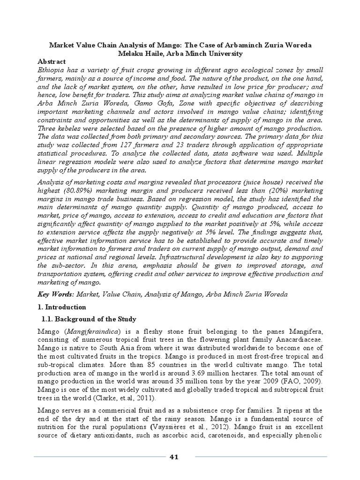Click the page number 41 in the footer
point(174,457)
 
